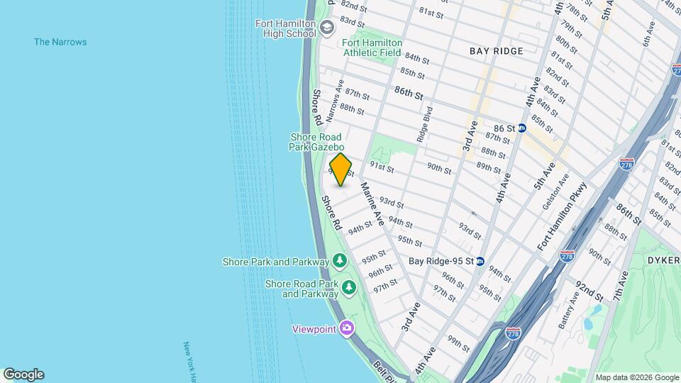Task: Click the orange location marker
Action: [340, 170]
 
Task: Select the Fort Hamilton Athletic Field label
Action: [372, 48]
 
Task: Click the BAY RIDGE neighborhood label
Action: [497, 51]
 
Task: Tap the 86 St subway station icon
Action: [522, 128]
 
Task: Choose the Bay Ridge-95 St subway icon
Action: [480, 261]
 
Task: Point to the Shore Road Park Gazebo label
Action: [316, 142]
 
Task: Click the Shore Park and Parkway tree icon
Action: [340, 262]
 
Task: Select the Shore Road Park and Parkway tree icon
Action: [348, 287]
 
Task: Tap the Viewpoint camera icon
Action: [346, 328]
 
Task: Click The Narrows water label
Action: [60, 42]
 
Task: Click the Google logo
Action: [23, 374]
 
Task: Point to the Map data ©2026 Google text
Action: [636, 377]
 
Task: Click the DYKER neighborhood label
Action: [663, 260]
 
